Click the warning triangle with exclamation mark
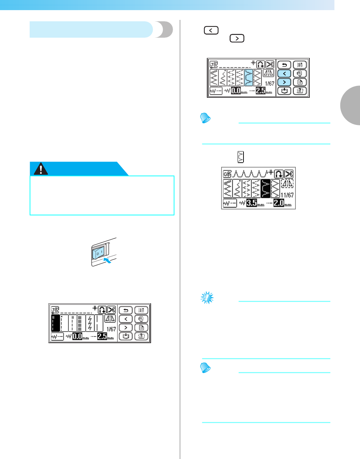tap(41, 169)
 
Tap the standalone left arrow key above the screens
tap(211, 30)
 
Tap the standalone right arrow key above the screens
tap(237, 38)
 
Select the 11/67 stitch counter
tap(287, 195)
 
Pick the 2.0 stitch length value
tap(279, 203)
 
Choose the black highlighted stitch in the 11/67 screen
tap(266, 188)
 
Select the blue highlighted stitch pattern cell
tap(248, 77)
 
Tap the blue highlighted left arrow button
tap(285, 73)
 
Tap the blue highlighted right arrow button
tap(285, 82)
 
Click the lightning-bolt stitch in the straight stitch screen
tap(90, 323)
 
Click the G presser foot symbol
tap(227, 174)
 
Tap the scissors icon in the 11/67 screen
tap(289, 174)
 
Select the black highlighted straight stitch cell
tap(55, 323)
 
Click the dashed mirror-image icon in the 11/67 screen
tap(287, 184)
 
